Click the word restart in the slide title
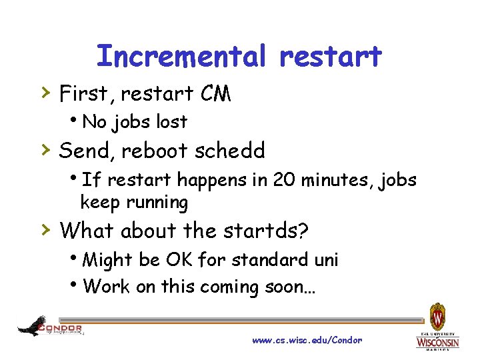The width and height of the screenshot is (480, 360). click(331, 57)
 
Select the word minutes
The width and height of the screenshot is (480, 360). click(337, 180)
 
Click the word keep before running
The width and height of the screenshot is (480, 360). click(97, 202)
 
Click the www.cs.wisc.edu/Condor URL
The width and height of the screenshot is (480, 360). click(307, 340)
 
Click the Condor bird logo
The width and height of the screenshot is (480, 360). click(33, 326)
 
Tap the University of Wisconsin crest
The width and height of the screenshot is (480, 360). click(437, 315)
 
